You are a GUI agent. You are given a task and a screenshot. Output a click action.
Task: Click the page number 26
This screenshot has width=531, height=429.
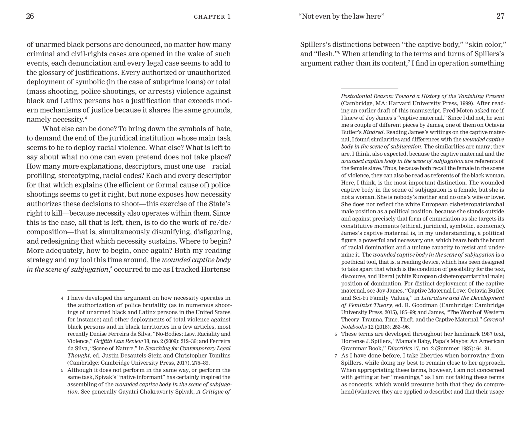pos(30,16)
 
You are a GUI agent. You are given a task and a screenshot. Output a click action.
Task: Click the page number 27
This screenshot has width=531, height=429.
pos(500,16)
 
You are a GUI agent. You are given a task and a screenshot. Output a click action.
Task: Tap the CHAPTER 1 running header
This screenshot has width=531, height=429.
pos(212,17)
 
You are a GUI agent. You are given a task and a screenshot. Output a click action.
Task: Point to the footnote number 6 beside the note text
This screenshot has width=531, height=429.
pos(336,334)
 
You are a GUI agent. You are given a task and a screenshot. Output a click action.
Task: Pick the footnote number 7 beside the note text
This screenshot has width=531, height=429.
pos(336,356)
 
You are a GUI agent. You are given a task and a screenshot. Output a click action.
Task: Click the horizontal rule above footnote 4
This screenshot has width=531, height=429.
pos(96,291)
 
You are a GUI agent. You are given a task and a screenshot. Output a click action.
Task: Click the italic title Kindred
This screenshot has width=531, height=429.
pos(373,132)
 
